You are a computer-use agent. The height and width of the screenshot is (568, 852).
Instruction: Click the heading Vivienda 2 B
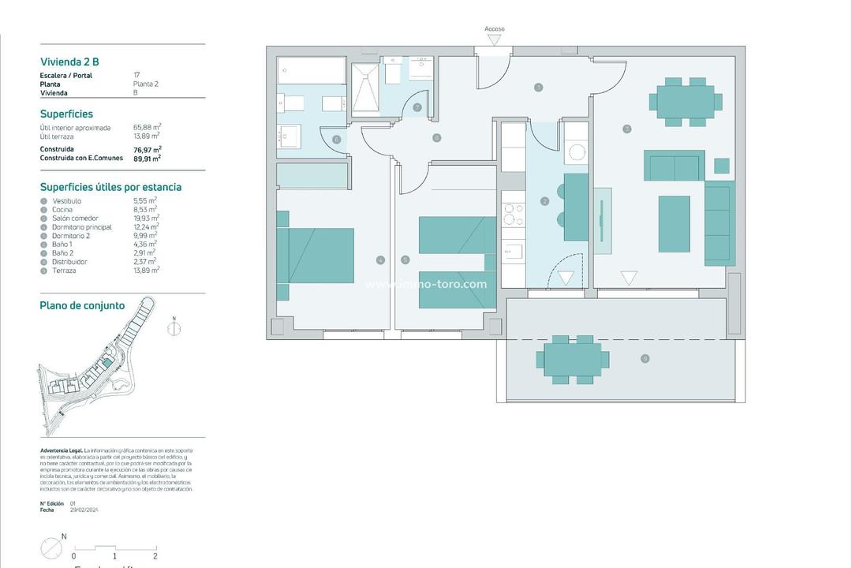click(x=69, y=62)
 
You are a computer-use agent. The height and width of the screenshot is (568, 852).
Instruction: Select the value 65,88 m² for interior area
click(x=147, y=127)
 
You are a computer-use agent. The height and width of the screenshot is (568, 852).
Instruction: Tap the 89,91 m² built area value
click(x=147, y=158)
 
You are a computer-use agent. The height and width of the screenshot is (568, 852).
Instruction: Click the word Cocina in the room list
click(x=62, y=210)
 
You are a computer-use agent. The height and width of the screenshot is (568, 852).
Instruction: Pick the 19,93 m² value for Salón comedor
click(x=146, y=219)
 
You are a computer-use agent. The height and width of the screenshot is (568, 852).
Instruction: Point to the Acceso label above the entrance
click(x=495, y=29)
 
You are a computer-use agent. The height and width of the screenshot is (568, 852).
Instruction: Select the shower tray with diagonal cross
click(x=366, y=90)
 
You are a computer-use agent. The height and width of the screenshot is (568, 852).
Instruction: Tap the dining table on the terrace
click(x=574, y=360)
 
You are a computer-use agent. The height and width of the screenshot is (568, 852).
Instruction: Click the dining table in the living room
click(x=685, y=102)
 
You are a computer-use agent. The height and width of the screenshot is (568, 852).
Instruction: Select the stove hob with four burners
click(x=514, y=215)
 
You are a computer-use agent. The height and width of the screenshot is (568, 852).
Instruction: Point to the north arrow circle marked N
click(x=175, y=330)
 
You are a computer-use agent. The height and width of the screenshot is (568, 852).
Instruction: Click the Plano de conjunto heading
click(x=82, y=306)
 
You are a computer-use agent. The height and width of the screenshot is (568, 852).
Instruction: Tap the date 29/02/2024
click(x=84, y=510)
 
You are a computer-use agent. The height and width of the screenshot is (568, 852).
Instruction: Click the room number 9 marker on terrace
click(x=645, y=359)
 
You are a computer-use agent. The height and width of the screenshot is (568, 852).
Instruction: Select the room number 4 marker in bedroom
click(x=380, y=260)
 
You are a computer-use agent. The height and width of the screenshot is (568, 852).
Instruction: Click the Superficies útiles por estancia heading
click(x=110, y=188)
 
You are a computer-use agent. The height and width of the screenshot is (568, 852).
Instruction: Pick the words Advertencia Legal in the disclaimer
click(x=61, y=450)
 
